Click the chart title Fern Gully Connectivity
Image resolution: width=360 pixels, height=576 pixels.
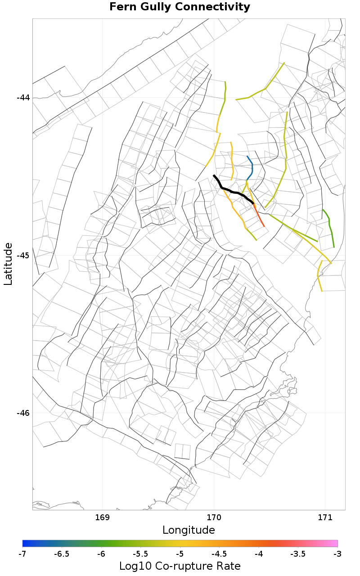click(x=180, y=7)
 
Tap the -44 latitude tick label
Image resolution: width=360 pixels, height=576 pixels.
click(x=23, y=98)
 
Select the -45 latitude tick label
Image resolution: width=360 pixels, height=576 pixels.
click(x=23, y=256)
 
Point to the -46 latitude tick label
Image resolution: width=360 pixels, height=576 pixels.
click(x=23, y=413)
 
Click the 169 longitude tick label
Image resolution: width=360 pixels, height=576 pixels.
click(x=103, y=517)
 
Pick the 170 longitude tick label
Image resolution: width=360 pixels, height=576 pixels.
click(x=213, y=517)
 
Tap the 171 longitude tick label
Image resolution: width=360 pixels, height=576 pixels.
click(x=324, y=517)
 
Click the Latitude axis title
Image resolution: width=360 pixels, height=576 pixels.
click(x=8, y=264)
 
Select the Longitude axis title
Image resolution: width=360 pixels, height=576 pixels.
click(x=189, y=530)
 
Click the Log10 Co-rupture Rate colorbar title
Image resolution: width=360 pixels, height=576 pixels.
click(x=180, y=566)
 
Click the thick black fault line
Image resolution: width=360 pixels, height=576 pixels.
click(x=233, y=192)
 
